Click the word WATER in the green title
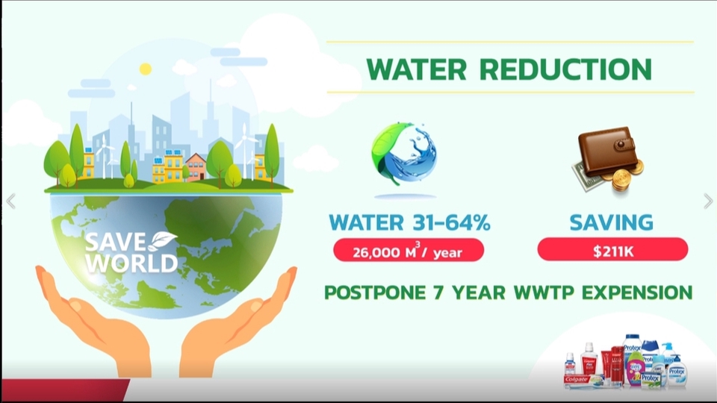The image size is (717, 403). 416,69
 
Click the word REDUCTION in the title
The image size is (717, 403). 566,69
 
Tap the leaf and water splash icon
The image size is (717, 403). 405,154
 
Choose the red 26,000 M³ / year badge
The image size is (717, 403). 409,251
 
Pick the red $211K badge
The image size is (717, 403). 612,249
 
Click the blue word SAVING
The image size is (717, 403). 612,222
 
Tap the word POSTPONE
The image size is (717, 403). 375,293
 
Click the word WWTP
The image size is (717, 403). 544,293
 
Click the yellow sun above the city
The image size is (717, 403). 146,69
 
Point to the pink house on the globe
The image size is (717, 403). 196,166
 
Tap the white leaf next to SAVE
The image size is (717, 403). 164,241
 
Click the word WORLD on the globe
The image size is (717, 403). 131,263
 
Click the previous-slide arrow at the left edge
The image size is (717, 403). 11,201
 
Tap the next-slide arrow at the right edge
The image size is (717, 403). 708,201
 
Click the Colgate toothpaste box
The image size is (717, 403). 584,380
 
